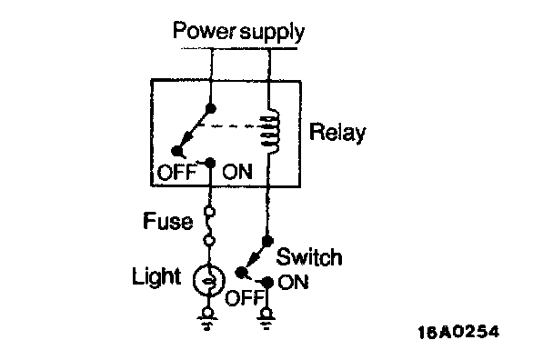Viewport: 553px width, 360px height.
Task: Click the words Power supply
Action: tap(238, 32)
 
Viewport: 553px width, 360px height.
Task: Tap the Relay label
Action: tap(337, 133)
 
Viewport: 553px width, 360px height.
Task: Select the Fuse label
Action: tap(168, 222)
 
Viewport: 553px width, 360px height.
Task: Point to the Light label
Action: tap(156, 276)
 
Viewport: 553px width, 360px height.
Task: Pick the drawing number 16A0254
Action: tap(458, 332)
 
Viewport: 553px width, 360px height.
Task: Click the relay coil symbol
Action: tap(271, 131)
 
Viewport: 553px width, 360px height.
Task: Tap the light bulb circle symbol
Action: tap(209, 280)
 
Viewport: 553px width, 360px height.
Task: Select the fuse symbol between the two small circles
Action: tap(209, 226)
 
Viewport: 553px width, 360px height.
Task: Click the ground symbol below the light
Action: tap(208, 319)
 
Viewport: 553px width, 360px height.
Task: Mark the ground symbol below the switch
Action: tap(266, 319)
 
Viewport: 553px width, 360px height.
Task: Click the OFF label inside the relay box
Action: tap(176, 173)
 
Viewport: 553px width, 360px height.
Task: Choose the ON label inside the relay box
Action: tap(237, 172)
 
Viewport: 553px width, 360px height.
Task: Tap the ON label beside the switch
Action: tap(293, 282)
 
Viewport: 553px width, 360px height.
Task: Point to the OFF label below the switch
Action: tap(245, 298)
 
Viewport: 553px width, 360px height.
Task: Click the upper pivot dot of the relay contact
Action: tap(210, 108)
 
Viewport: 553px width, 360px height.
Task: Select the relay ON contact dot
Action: tap(210, 163)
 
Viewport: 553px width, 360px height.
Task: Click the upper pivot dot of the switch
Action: tap(267, 241)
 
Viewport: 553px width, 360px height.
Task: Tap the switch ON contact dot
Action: tap(267, 282)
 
